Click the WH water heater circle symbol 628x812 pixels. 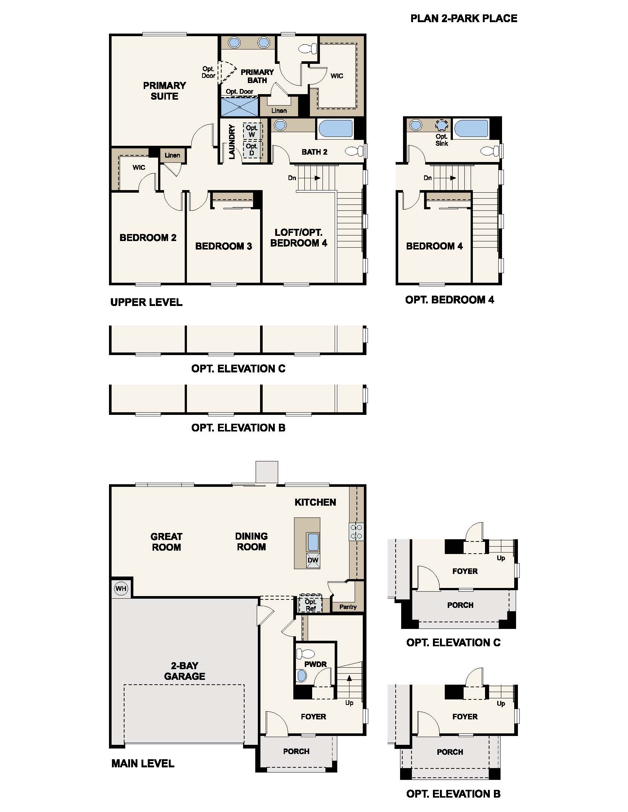(121, 588)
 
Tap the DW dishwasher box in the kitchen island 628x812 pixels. (313, 560)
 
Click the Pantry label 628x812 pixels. (348, 607)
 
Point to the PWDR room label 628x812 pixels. (315, 664)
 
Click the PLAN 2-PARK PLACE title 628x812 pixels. (464, 18)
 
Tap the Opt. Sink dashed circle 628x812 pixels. (441, 125)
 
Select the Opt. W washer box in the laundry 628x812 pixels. (253, 131)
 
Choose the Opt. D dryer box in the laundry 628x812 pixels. (253, 150)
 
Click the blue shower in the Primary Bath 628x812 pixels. (240, 107)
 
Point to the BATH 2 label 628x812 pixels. (314, 152)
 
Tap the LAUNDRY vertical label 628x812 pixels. (232, 142)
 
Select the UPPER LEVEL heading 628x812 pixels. (146, 302)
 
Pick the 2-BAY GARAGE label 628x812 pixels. (185, 671)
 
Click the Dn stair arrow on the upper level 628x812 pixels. (309, 178)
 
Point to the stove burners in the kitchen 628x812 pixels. (356, 531)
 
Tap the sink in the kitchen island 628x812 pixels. (313, 542)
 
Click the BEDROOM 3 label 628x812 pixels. (223, 246)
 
